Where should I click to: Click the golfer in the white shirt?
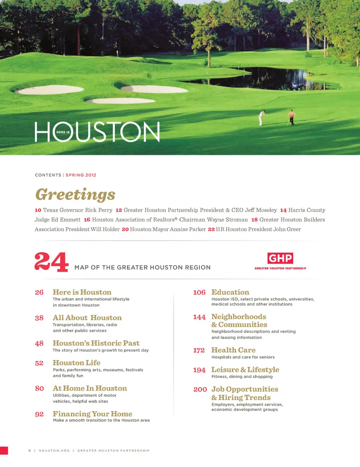[262, 117]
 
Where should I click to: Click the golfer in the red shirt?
[291, 117]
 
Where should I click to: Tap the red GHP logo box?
[280, 258]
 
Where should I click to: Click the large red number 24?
[51, 262]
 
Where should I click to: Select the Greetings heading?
[75, 194]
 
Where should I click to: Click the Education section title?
[230, 292]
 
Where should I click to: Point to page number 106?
[199, 292]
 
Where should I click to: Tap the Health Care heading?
[233, 350]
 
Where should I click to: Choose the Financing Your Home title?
[92, 414]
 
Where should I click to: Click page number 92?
[39, 414]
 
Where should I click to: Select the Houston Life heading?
[76, 363]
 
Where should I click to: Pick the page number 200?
[200, 389]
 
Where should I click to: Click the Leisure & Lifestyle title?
[245, 369]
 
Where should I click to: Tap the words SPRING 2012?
[81, 175]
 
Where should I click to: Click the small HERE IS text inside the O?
[63, 132]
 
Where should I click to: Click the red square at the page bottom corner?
[4, 450]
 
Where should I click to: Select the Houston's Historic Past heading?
[96, 343]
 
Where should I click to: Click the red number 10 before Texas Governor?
[38, 210]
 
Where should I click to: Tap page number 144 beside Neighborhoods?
[199, 317]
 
